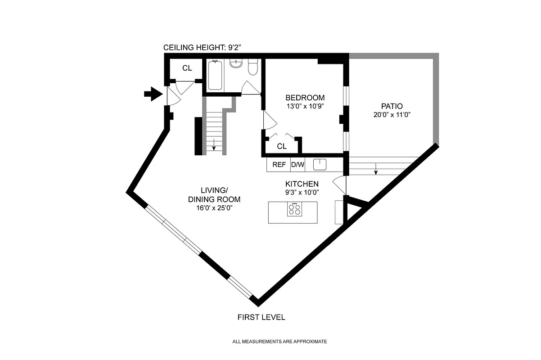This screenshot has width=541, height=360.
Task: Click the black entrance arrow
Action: point(153,94)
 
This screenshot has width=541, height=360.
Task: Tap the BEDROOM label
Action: point(305,98)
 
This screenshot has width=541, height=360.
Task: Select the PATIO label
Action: point(392,106)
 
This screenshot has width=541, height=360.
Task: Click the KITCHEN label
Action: point(302,184)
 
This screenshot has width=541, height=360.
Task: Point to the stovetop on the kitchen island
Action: point(295,209)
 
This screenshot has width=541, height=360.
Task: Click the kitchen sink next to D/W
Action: point(320,165)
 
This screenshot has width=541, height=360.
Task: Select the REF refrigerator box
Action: point(279,165)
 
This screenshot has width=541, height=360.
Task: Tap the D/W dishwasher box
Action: point(298,165)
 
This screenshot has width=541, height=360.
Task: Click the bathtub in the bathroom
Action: point(215,75)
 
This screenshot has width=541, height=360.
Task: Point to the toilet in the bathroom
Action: point(253,67)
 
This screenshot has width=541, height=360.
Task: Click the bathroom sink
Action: point(235,63)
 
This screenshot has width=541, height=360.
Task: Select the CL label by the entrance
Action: point(187,68)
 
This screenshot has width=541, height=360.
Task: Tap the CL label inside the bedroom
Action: point(282,146)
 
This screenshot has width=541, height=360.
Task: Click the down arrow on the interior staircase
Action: point(214,145)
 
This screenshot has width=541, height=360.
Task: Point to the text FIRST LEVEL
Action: point(261,317)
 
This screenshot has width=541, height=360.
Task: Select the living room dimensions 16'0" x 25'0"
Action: point(214,208)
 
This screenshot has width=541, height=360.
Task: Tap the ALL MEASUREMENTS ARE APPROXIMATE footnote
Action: point(280,342)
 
